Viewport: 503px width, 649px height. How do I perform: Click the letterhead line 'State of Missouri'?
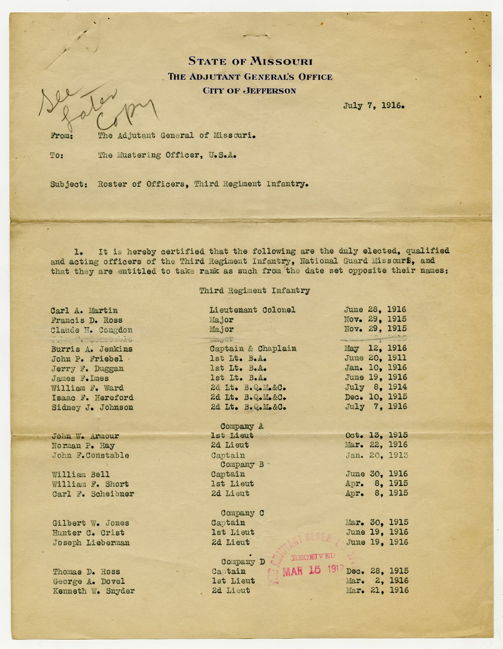(x=250, y=61)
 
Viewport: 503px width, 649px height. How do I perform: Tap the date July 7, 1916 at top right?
(x=374, y=106)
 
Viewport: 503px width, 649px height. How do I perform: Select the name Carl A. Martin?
(x=84, y=311)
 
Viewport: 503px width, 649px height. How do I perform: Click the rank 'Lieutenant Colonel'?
(x=253, y=310)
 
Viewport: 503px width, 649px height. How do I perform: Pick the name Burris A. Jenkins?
(x=92, y=349)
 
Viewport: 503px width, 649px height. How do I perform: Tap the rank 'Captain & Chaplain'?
(x=253, y=349)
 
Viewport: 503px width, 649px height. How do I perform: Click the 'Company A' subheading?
(x=242, y=426)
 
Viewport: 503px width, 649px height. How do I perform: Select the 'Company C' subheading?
(x=242, y=513)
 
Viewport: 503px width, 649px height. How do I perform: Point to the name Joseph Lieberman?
(x=91, y=543)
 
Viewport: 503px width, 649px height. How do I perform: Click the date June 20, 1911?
(x=376, y=358)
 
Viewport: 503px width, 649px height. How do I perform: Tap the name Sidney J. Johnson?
(x=92, y=408)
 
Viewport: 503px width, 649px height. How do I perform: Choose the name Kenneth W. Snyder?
(x=94, y=591)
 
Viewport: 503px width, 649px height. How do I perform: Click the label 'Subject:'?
(x=69, y=184)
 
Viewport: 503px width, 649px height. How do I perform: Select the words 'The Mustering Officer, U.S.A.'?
(x=167, y=155)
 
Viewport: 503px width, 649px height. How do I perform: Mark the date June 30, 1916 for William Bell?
(x=377, y=474)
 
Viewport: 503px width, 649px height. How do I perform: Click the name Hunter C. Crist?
(x=88, y=533)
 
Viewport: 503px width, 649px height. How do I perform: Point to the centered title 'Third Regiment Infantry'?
(x=255, y=291)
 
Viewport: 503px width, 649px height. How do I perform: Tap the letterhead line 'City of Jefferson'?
(x=249, y=91)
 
